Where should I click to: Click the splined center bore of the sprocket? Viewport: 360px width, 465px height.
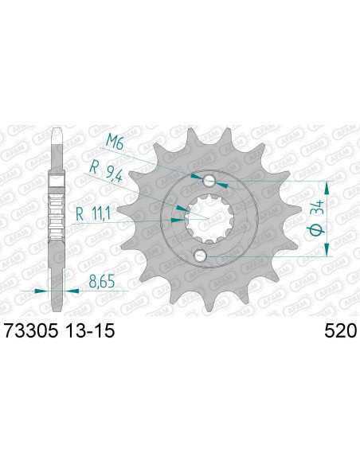click(x=206, y=217)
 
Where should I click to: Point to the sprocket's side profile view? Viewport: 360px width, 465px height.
click(x=57, y=215)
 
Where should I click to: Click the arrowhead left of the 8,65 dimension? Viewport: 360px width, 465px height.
click(x=41, y=291)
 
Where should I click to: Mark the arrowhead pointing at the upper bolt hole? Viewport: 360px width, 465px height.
click(x=196, y=176)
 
